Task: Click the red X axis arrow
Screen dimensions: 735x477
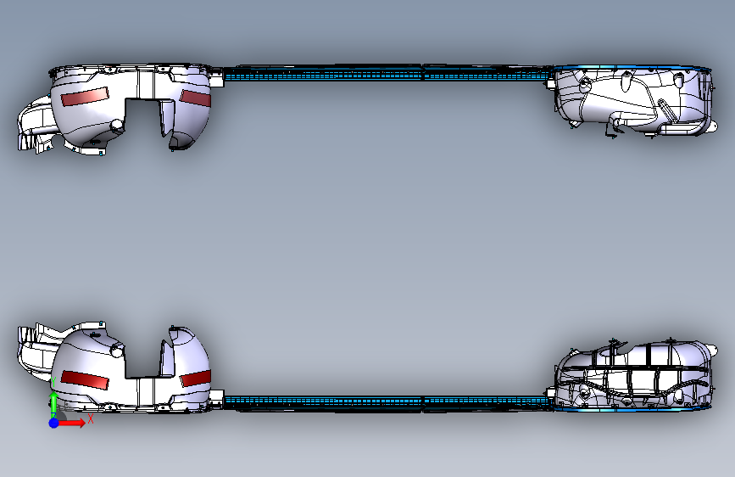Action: click(x=73, y=422)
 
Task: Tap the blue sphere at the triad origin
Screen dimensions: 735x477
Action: click(x=53, y=422)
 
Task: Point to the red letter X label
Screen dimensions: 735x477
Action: click(x=90, y=418)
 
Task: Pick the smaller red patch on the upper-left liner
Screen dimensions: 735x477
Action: click(x=194, y=97)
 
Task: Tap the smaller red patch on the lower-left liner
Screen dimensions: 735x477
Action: click(x=195, y=378)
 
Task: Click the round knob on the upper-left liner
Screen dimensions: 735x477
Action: click(x=116, y=126)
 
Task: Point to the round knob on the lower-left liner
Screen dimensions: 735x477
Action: click(x=117, y=349)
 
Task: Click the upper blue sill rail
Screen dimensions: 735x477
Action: click(x=381, y=73)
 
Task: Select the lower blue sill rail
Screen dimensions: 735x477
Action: click(x=381, y=401)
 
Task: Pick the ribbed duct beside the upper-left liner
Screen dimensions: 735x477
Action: click(x=32, y=127)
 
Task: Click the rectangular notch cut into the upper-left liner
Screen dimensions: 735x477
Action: click(x=142, y=115)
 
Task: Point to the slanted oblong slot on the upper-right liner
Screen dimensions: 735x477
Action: click(x=666, y=111)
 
